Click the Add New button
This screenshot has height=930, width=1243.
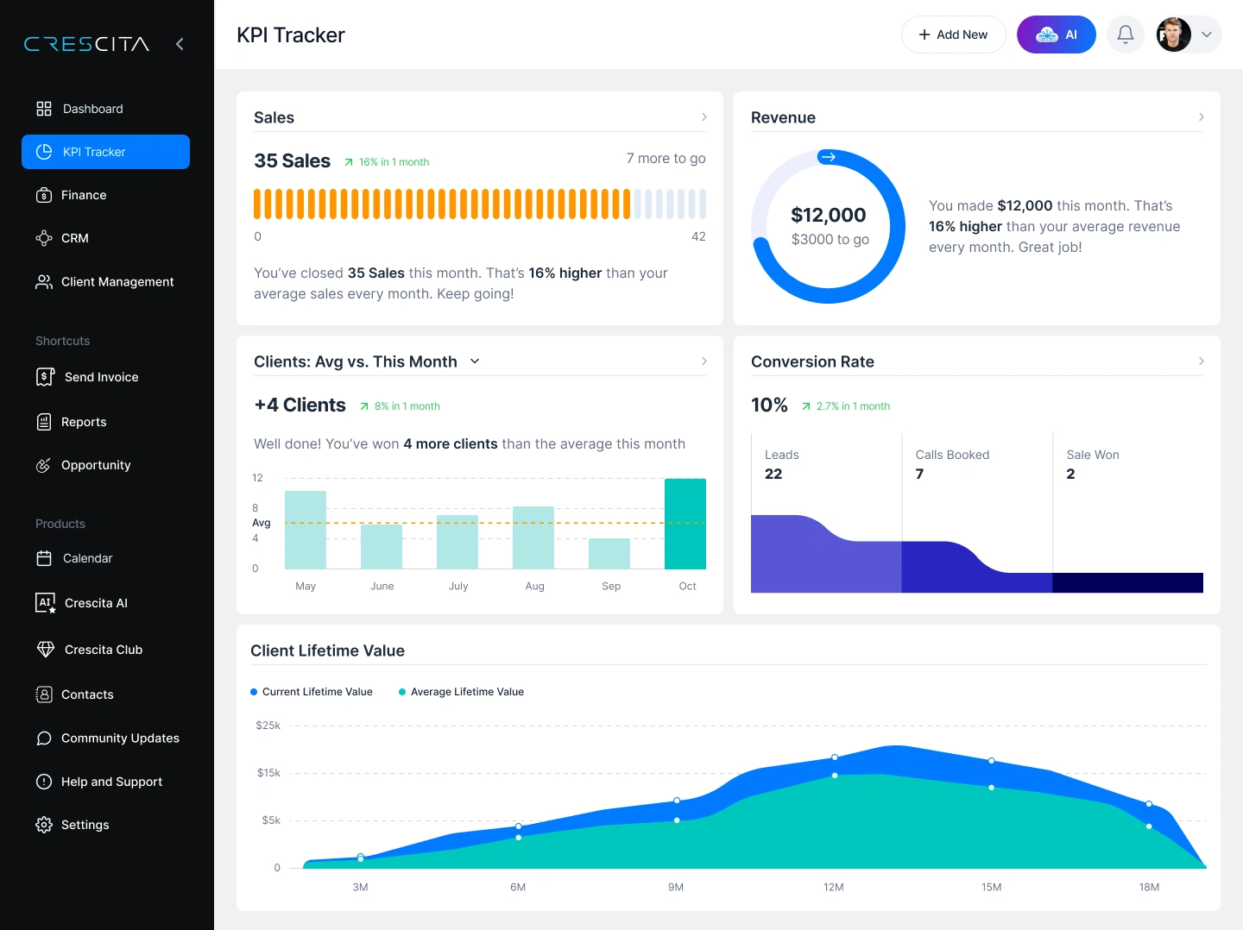(x=953, y=35)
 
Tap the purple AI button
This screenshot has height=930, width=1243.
(x=1056, y=35)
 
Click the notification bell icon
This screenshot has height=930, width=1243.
(x=1125, y=35)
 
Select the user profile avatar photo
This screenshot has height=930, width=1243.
(x=1173, y=35)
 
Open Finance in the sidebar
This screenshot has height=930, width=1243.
(x=84, y=195)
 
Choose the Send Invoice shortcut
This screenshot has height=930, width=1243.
(x=101, y=377)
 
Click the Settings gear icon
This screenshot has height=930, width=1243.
(x=44, y=825)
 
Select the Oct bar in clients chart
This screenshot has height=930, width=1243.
(x=685, y=524)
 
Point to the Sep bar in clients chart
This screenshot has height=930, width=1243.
(x=609, y=553)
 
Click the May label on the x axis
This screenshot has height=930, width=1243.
(x=306, y=586)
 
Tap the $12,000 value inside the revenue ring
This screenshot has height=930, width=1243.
(x=828, y=215)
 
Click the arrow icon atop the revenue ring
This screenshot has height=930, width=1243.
(x=828, y=157)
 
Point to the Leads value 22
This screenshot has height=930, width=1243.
(x=773, y=474)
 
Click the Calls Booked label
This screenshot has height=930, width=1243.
(x=952, y=455)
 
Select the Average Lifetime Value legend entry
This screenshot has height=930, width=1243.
(x=466, y=692)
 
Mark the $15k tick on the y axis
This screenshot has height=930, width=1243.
(x=268, y=773)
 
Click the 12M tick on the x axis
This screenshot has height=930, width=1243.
(x=833, y=887)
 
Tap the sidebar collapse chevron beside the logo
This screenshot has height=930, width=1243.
(x=180, y=44)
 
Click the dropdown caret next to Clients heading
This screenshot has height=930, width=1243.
(x=475, y=361)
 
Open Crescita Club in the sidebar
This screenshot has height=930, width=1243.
(x=103, y=650)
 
